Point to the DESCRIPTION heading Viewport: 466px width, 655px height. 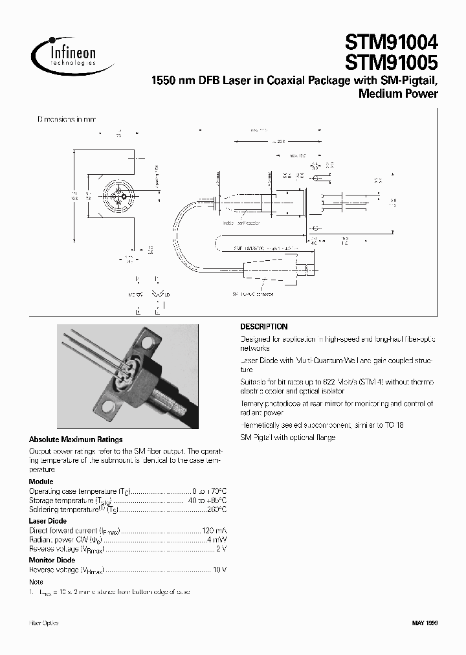[x=263, y=327]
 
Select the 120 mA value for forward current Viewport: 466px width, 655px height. [x=213, y=530]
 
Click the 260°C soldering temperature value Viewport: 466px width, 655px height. [x=215, y=510]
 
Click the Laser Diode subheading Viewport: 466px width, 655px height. [x=48, y=521]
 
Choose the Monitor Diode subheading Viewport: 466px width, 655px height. [x=51, y=561]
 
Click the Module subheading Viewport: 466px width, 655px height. [x=41, y=482]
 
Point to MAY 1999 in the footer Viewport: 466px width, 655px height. [x=425, y=623]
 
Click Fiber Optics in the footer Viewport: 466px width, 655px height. [x=44, y=623]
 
